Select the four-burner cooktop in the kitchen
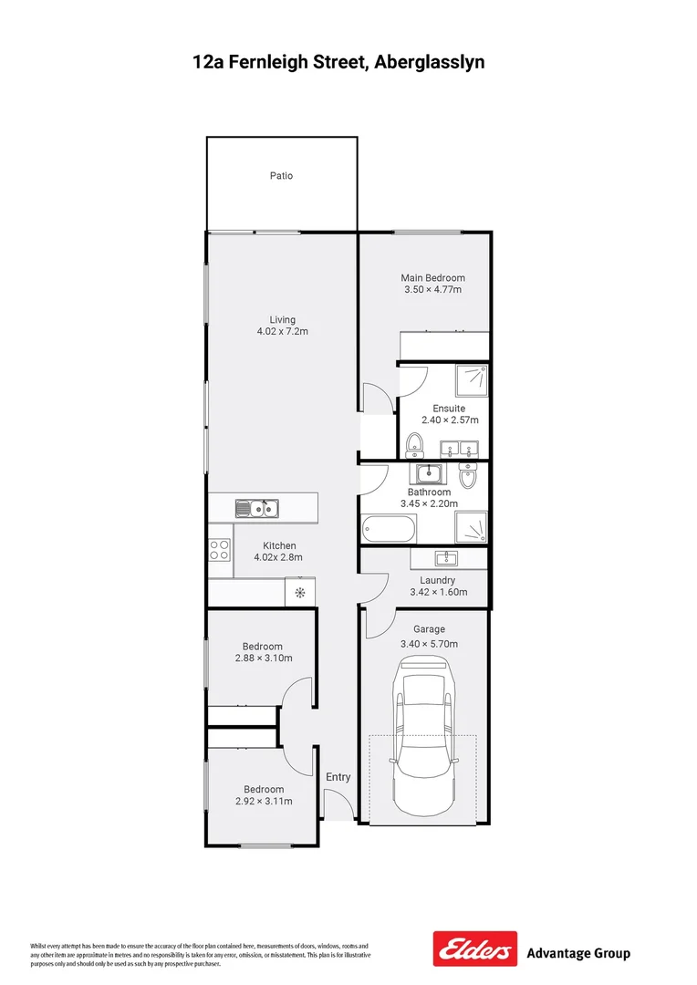(220, 549)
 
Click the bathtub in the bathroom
(389, 527)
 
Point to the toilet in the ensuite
(414, 444)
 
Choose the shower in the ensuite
(473, 378)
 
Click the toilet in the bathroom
(469, 476)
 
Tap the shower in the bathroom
(473, 527)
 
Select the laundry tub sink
(445, 558)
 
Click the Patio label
(281, 176)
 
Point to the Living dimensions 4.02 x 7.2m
(282, 332)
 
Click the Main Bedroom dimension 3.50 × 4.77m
(433, 290)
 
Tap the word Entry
(338, 777)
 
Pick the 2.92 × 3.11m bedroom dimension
(263, 801)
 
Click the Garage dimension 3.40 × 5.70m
(429, 643)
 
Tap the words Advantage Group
(578, 954)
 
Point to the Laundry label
(437, 580)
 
